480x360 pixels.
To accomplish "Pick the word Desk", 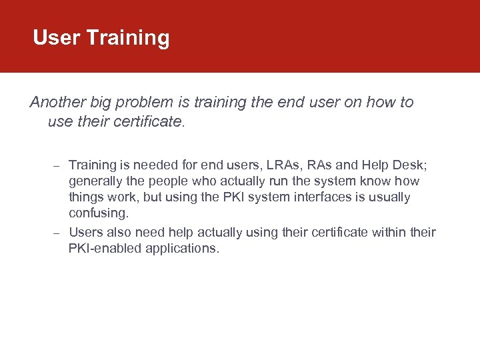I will [404, 165].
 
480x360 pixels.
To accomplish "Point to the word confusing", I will [98, 213].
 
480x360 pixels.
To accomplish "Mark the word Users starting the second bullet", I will [85, 233].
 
